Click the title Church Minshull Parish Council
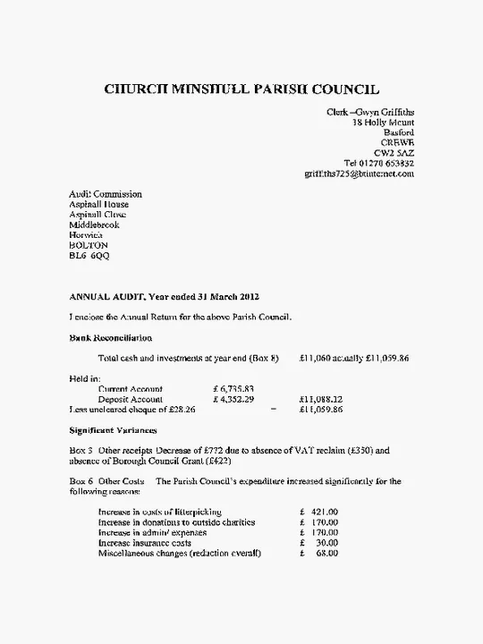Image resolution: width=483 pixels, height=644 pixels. coord(241,89)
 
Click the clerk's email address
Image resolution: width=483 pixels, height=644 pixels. coord(359,174)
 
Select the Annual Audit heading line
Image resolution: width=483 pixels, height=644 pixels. coord(165,296)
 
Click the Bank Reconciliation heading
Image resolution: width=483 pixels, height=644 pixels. coord(110,338)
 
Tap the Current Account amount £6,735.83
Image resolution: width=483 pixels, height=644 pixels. coord(233,389)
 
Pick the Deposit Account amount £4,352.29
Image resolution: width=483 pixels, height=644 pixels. coord(233,399)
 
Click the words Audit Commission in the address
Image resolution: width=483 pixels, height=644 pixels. coord(106,194)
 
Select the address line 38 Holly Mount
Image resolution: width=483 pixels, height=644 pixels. coord(383,123)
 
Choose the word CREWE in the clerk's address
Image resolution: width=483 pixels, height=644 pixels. coord(397,143)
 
